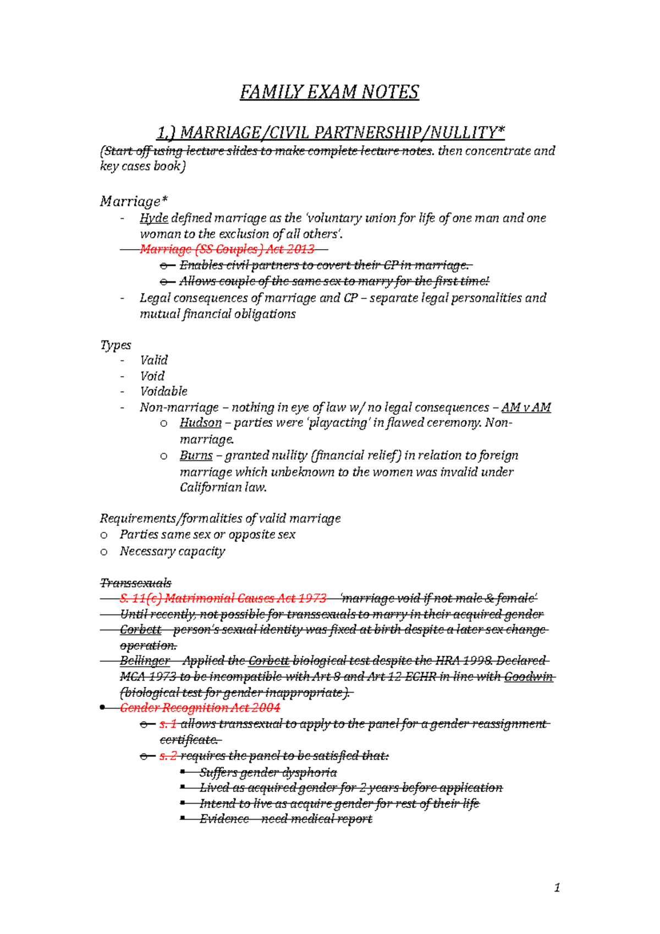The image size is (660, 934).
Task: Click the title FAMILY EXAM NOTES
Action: click(x=329, y=92)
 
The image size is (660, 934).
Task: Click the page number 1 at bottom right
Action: click(x=557, y=887)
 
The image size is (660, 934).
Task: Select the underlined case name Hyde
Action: click(x=154, y=218)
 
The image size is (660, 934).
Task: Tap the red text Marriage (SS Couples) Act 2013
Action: click(x=227, y=249)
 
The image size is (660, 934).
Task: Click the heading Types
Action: click(x=116, y=345)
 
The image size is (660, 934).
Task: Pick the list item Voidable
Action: click(x=163, y=392)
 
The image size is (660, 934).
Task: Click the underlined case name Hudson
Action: click(x=200, y=423)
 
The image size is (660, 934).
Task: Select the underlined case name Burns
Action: click(x=196, y=455)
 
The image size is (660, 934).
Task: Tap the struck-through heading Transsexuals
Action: click(x=135, y=583)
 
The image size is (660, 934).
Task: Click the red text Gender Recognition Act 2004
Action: click(x=200, y=708)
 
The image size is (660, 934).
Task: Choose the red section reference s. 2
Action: click(x=168, y=756)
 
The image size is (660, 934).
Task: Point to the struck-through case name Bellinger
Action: click(x=145, y=661)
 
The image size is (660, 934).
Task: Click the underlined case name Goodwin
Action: click(x=528, y=677)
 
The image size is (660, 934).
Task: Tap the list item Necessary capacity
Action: click(x=172, y=551)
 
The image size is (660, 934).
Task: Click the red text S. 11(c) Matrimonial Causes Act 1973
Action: click(x=223, y=598)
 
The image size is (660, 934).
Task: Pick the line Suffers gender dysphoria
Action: click(x=268, y=772)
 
